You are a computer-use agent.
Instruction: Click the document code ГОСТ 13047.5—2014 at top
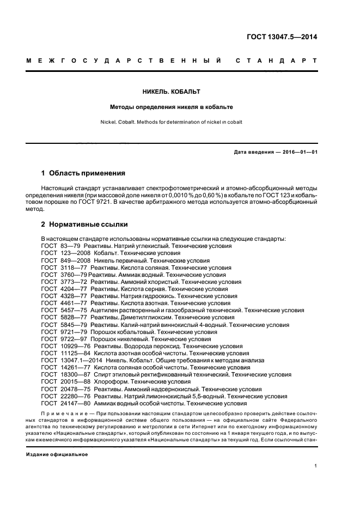point(282,37)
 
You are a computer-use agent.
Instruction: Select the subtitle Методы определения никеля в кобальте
point(180,107)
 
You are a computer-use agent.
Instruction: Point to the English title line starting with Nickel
point(180,122)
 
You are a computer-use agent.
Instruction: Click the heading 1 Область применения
point(83,173)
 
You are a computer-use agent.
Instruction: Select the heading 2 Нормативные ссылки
point(83,224)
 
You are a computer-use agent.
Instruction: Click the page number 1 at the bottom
point(315,465)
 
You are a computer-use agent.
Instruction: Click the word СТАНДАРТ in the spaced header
point(276,61)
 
